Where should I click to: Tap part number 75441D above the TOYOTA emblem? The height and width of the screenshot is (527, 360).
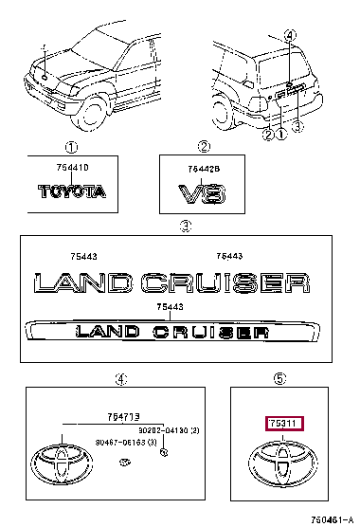coord(72,168)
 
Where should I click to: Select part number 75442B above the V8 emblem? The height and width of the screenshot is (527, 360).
coord(203,169)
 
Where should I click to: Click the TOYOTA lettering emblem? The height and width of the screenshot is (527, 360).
coord(72,191)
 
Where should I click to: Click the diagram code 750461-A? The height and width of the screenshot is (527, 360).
coord(329,518)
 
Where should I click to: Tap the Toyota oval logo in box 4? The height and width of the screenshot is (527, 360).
coord(58,466)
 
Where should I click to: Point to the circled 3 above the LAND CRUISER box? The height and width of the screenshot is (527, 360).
coord(186,226)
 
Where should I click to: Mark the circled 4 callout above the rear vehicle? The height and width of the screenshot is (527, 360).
coord(290,36)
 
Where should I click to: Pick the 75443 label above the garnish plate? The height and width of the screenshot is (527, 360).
coord(169,306)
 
